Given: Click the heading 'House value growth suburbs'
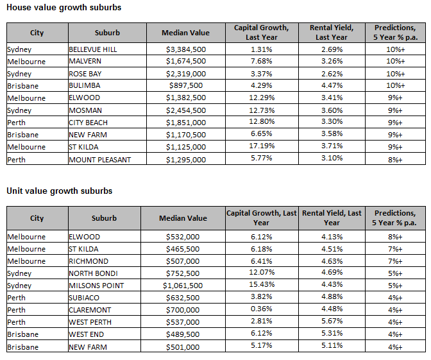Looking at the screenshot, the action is [63, 8].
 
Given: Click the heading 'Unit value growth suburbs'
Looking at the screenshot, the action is [60, 191].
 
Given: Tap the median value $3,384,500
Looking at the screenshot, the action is [186, 49].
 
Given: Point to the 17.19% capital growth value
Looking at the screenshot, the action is [262, 146].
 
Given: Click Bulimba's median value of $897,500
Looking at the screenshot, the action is [186, 85].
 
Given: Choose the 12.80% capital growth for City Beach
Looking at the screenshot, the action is [262, 121].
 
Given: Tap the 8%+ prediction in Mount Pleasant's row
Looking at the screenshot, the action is [395, 160].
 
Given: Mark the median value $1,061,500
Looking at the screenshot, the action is [183, 286].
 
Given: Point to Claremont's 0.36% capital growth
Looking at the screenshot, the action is [262, 309].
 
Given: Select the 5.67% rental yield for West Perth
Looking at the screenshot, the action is [332, 321].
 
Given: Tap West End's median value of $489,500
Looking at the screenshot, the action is [183, 334].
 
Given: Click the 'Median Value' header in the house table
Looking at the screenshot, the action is [185, 33].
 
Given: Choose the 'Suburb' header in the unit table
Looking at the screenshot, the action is [104, 218].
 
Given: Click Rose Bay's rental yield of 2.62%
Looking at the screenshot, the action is [332, 74].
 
